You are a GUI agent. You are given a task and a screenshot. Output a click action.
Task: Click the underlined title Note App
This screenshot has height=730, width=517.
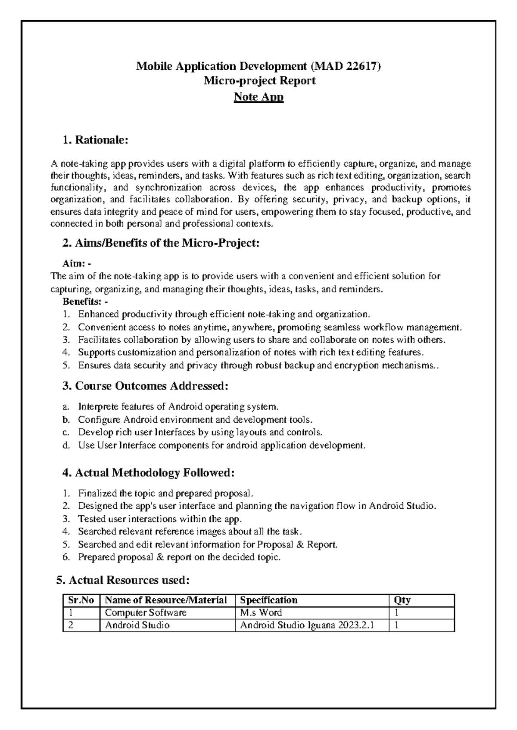click(x=258, y=97)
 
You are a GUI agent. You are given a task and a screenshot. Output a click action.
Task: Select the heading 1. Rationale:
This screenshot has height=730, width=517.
click(x=95, y=140)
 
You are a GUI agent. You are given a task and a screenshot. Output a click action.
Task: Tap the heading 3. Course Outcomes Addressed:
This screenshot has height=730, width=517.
click(x=145, y=386)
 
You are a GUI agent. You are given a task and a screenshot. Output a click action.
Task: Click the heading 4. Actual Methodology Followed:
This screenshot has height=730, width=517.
click(x=149, y=473)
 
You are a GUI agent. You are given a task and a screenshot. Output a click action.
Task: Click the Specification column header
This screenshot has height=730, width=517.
click(x=268, y=600)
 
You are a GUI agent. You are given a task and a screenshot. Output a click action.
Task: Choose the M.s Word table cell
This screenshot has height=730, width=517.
click(x=261, y=612)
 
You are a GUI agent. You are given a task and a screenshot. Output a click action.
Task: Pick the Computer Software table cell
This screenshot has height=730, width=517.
click(x=146, y=612)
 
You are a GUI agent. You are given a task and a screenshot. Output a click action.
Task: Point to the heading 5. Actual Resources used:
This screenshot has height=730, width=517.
click(x=123, y=580)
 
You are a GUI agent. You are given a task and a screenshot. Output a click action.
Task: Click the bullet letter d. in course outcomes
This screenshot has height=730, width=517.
click(x=66, y=445)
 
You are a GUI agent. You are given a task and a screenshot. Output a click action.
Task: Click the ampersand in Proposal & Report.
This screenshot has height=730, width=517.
click(x=301, y=544)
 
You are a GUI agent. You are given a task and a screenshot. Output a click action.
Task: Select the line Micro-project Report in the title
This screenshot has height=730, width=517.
click(x=259, y=80)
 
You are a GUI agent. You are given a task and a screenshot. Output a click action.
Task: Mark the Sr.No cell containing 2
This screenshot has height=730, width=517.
click(x=72, y=625)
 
